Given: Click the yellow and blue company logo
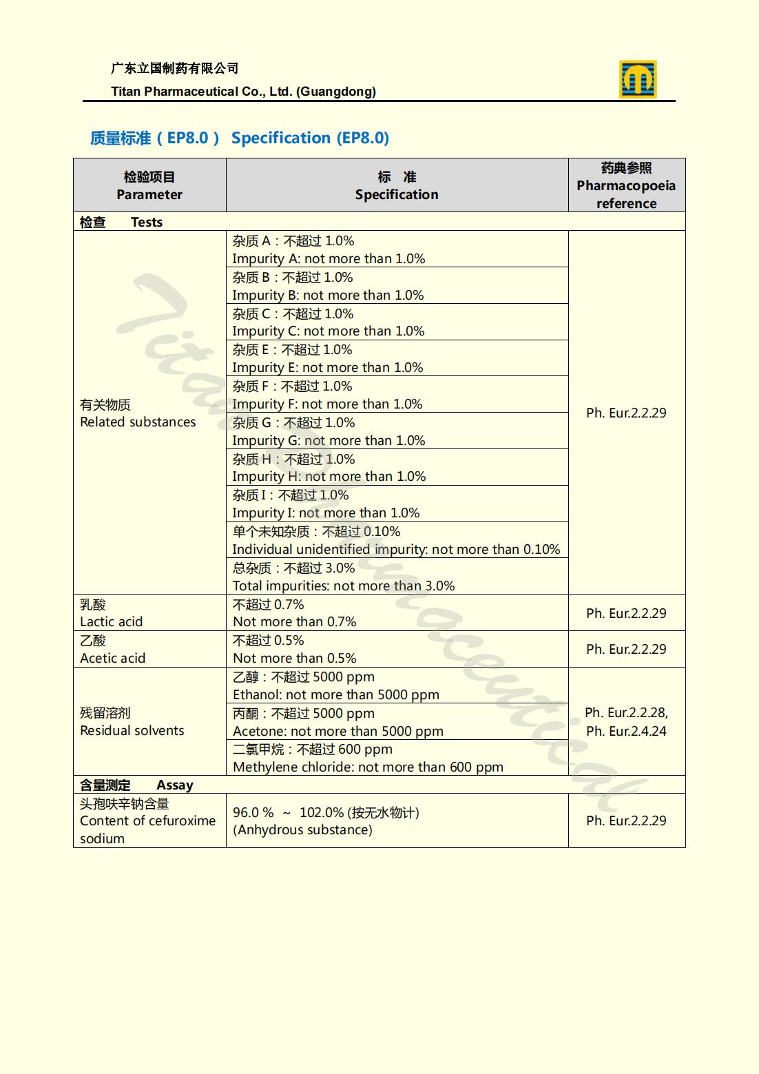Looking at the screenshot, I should click(637, 79).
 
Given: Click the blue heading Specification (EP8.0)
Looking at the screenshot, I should click(310, 138).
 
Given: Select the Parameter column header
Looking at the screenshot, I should click(149, 185).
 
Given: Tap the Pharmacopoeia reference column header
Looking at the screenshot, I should click(626, 185).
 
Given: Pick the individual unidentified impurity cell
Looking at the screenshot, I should click(396, 540).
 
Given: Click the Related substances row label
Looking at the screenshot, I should click(138, 413).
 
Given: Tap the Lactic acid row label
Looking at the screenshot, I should click(112, 613).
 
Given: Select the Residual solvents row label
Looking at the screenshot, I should click(132, 722).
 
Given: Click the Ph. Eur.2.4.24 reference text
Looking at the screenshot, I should click(626, 732).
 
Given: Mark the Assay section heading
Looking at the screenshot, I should click(175, 785).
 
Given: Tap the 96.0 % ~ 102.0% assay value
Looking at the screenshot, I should click(326, 813).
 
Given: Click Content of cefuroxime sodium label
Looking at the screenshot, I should click(147, 820).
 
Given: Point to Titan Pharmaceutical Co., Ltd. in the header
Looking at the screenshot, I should click(243, 92).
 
